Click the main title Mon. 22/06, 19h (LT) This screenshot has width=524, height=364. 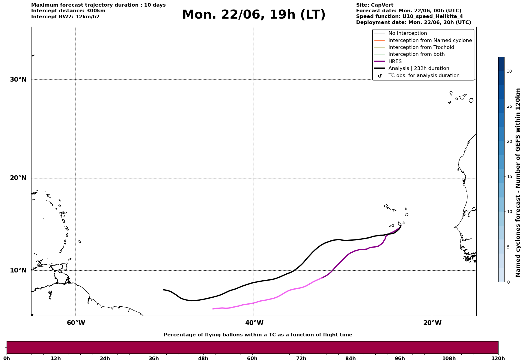254,15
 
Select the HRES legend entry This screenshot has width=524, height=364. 395,62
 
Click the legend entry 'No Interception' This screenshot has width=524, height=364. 408,33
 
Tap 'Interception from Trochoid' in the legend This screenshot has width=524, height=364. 421,47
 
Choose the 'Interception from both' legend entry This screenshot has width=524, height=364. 417,54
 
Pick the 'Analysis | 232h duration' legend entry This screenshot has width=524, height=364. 419,68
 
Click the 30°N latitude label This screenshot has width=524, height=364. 18,80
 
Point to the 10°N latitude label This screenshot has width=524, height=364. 18,270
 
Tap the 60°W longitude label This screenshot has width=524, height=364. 76,323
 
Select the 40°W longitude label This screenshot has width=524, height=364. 254,323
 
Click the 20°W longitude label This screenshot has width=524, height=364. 432,323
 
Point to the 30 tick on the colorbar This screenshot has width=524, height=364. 509,71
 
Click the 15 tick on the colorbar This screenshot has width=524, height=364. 509,176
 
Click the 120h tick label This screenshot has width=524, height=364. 498,358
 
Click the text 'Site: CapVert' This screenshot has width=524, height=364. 375,5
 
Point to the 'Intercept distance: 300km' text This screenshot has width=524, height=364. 68,11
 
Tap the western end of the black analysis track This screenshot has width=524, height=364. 163,290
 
